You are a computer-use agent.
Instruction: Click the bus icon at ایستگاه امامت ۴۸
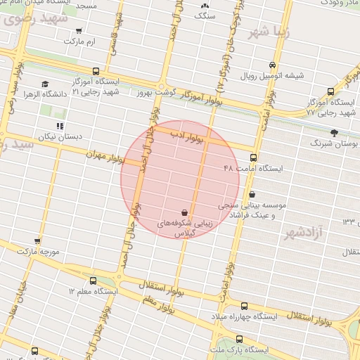[253, 158]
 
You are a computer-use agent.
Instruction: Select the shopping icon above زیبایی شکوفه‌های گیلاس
[184, 212]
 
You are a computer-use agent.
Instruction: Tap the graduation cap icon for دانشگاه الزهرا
[45, 84]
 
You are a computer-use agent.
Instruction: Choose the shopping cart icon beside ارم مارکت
[79, 31]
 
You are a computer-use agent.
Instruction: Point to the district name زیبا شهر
[269, 32]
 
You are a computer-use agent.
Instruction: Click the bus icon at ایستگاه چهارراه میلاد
[244, 306]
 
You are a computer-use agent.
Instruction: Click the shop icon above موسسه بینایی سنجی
[252, 194]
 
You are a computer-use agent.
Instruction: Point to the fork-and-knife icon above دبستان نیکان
[59, 126]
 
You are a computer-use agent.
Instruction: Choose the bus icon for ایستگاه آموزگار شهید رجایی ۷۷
[330, 91]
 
